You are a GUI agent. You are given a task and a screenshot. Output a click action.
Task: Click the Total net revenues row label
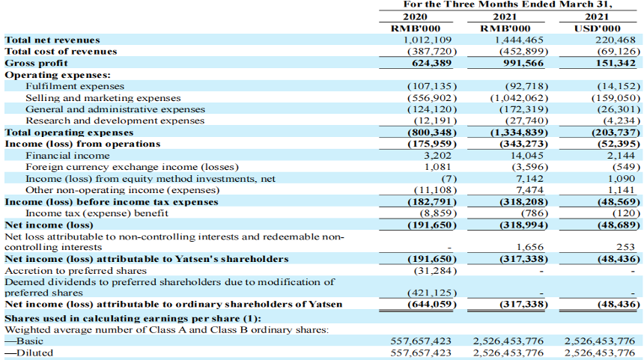52,40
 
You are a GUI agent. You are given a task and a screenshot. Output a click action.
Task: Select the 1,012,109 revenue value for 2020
427,40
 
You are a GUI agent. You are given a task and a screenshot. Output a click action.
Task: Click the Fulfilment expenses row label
75,86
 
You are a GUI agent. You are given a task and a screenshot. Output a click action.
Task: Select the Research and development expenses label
115,120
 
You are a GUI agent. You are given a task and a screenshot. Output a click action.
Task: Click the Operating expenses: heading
58,75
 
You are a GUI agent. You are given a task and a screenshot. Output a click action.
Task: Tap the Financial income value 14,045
526,156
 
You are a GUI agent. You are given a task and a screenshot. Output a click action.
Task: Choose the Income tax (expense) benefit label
97,213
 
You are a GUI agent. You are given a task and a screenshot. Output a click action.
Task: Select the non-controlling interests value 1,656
529,247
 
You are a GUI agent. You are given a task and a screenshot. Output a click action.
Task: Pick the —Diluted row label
28,353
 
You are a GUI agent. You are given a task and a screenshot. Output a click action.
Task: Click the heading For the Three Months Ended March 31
508,4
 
